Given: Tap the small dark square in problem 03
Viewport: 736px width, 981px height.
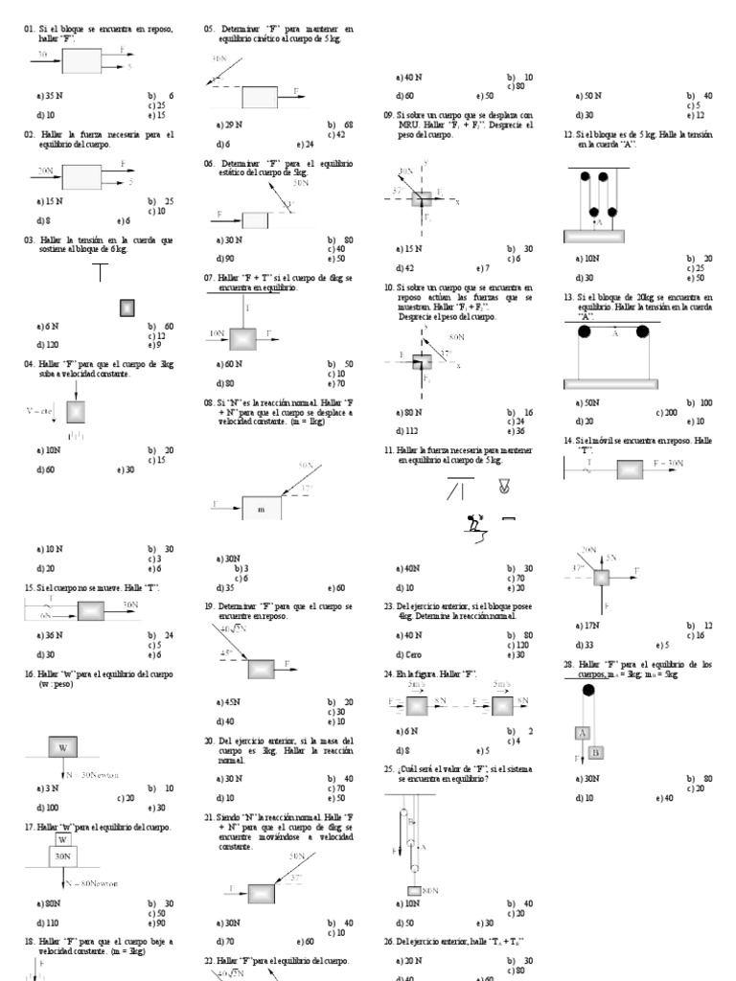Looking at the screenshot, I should [126, 308].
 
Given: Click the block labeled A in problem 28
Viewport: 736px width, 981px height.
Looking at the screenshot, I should [582, 733].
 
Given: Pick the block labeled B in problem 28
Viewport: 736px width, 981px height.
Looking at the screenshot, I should [595, 752].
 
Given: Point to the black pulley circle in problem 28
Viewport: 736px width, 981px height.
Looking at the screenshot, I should [587, 689].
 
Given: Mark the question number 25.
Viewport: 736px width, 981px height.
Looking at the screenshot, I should [389, 768].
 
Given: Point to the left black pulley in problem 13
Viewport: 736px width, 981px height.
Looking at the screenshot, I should [584, 331].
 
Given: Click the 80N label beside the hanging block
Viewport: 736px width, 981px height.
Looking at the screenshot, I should [429, 890].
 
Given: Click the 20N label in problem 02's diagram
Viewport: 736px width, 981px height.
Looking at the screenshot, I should [44, 169].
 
